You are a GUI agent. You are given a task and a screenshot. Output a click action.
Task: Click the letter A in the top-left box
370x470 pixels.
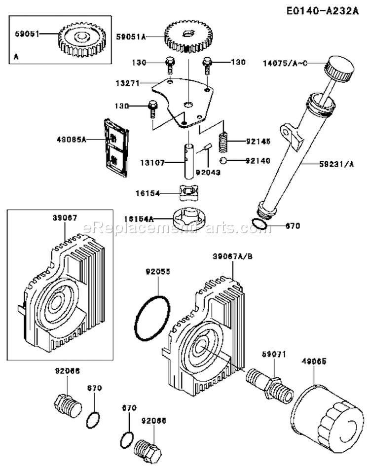pos(17,58)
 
